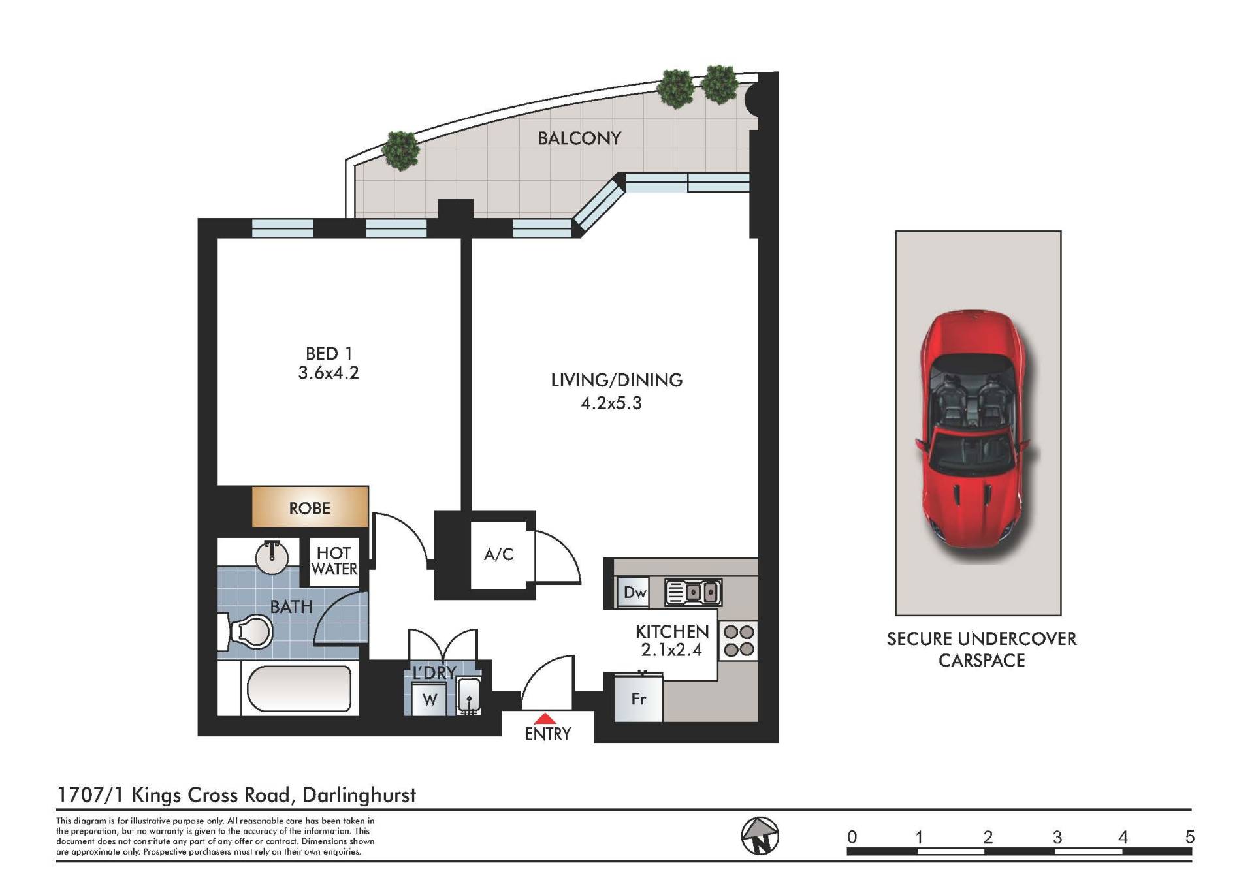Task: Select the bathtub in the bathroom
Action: click(x=299, y=688)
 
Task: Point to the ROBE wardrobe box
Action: click(x=310, y=507)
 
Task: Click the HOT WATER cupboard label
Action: click(x=334, y=561)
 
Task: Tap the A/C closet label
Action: click(x=498, y=554)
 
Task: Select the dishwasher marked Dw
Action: click(x=633, y=592)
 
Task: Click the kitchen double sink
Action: click(x=693, y=592)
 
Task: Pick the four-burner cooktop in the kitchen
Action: click(x=739, y=640)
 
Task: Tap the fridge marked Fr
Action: click(x=638, y=698)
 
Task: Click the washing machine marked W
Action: click(x=430, y=699)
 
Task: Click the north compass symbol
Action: click(x=760, y=836)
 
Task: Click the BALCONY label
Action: click(x=579, y=138)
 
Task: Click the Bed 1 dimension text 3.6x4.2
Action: click(x=329, y=373)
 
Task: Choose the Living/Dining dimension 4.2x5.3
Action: click(x=611, y=403)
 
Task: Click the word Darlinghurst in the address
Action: click(x=359, y=795)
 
